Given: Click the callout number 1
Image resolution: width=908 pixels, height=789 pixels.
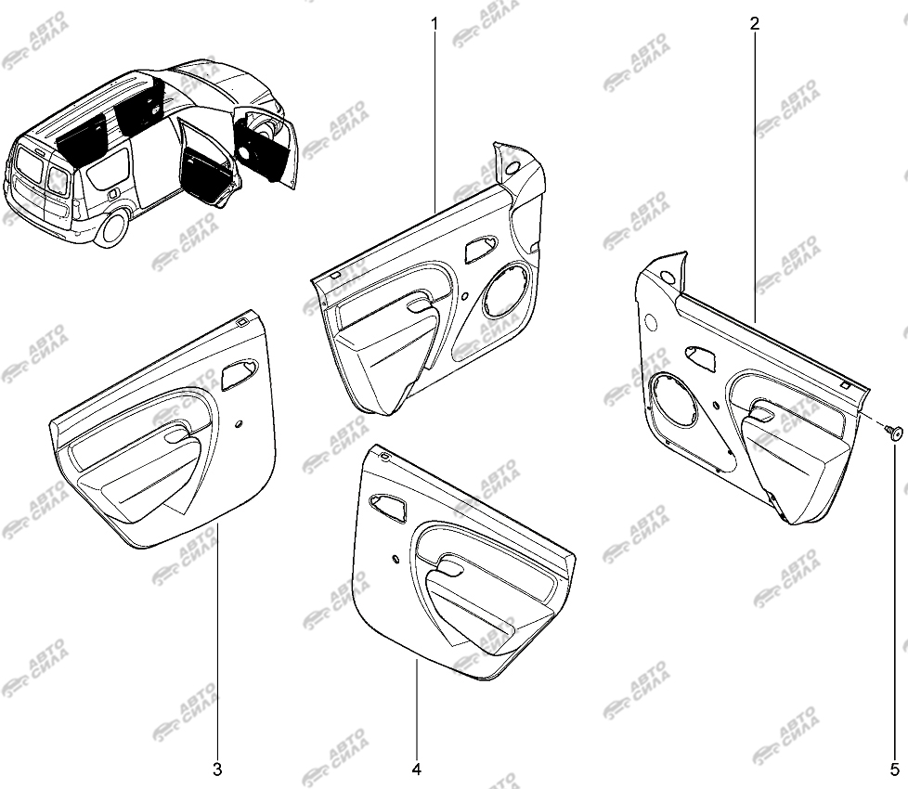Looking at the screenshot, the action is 435,24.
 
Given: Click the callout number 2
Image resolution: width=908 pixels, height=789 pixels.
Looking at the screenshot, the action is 754,24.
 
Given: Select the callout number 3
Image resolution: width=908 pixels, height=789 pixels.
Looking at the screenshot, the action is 217,770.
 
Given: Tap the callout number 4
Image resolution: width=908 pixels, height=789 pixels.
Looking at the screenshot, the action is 416,770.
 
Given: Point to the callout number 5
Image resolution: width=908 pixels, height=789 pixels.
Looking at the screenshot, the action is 895,770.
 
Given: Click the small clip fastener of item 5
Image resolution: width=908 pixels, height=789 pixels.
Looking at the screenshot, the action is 893,433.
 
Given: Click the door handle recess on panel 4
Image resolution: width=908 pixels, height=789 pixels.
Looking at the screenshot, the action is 389,507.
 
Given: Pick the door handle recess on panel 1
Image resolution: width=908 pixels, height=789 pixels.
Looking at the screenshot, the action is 481,249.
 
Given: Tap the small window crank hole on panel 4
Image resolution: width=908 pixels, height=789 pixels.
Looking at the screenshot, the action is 395,559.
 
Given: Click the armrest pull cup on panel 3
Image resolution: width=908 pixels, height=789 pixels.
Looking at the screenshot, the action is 177,433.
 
